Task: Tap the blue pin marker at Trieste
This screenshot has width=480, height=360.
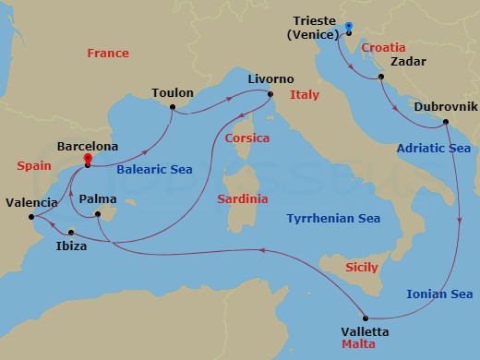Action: point(349,27)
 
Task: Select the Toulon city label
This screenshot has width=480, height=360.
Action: point(173,93)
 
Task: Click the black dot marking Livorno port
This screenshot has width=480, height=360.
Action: point(270,94)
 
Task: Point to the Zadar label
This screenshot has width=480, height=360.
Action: point(409,63)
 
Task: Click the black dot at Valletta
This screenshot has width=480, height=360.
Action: point(366,317)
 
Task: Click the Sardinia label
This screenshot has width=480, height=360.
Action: point(243,198)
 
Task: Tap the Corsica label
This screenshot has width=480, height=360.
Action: point(246,138)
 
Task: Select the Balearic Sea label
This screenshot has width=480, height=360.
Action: point(153,170)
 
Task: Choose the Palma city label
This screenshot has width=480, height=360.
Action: point(98,198)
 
